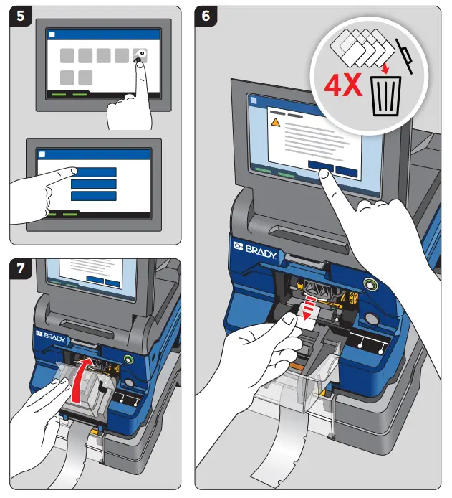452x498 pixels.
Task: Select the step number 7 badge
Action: pos(20,270)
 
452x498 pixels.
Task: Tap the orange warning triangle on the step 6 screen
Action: pos(274,123)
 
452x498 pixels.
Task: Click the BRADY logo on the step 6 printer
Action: pos(255,247)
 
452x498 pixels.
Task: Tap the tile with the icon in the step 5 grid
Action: pos(140,56)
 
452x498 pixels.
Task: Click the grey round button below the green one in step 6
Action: pos(371,319)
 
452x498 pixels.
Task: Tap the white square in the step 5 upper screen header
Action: pos(51,34)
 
